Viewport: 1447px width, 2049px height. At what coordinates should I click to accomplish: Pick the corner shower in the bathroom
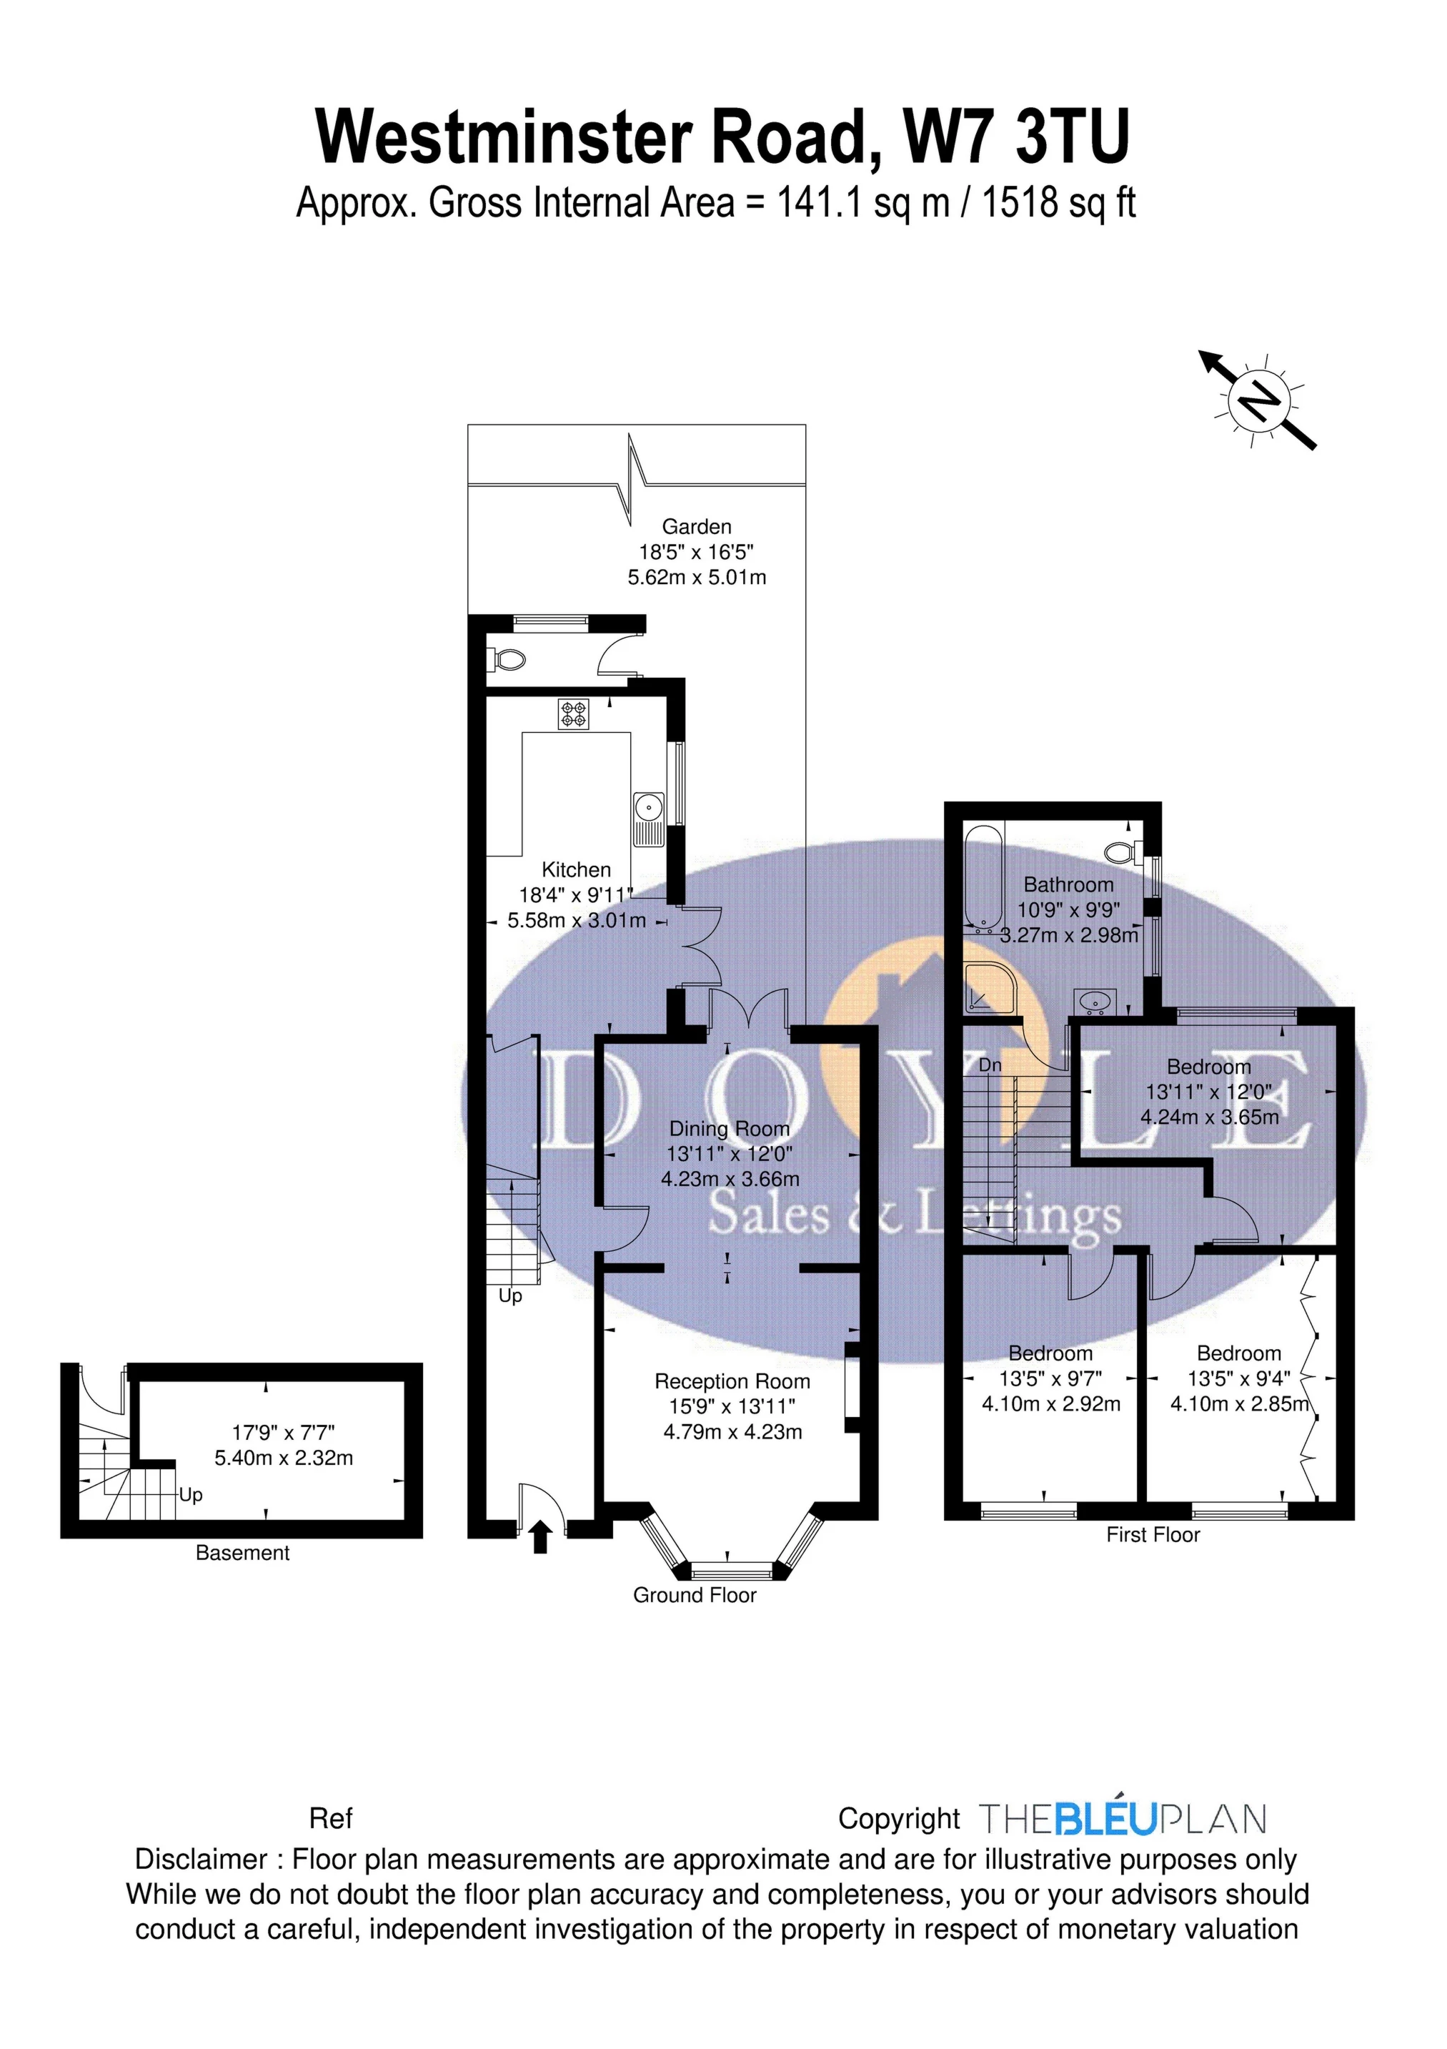click(x=988, y=988)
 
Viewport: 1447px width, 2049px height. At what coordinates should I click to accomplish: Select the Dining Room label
click(x=729, y=1129)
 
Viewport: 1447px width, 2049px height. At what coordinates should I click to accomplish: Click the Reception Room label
click(x=732, y=1381)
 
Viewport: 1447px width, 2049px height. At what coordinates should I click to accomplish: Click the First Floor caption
click(x=1153, y=1534)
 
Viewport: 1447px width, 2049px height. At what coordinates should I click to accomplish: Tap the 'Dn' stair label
click(x=990, y=1065)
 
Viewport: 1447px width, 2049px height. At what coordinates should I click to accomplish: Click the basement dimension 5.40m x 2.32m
click(x=284, y=1458)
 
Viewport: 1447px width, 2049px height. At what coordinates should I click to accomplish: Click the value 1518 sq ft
click(x=1058, y=204)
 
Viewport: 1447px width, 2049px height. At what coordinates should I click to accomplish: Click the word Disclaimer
click(x=201, y=1860)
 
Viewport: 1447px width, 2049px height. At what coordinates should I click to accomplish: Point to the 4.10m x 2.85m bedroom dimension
click(x=1239, y=1404)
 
